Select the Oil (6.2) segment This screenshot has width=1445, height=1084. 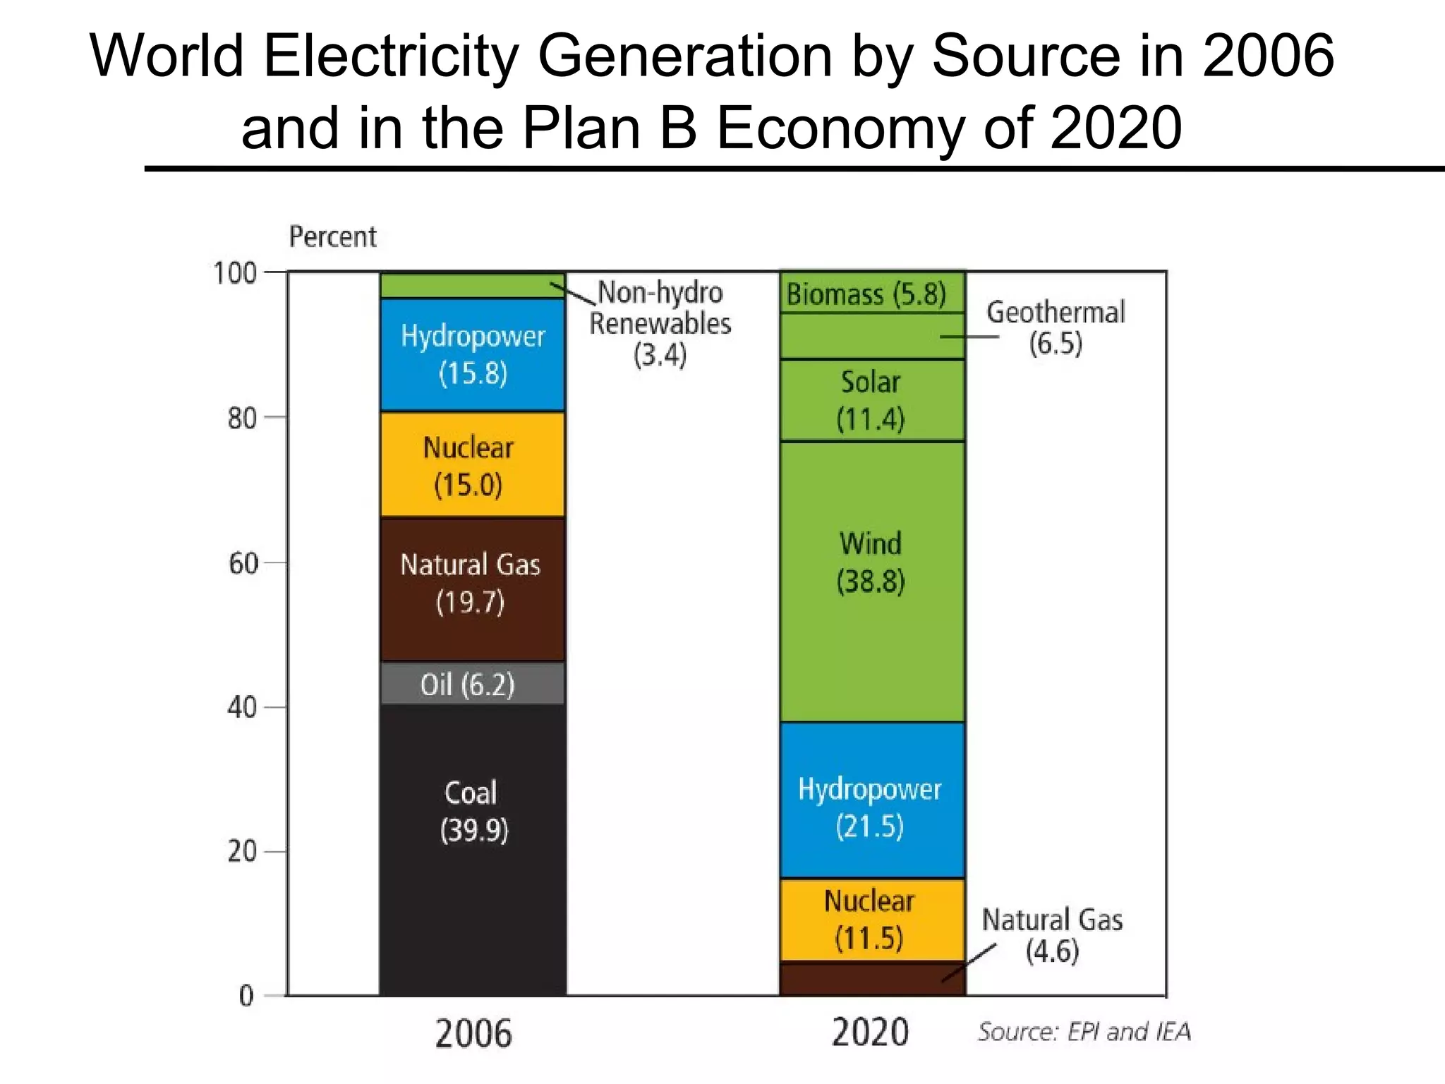click(471, 684)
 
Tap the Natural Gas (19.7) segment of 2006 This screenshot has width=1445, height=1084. click(471, 589)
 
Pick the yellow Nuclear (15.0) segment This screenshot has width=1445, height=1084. click(471, 465)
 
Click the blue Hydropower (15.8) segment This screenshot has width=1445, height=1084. click(471, 354)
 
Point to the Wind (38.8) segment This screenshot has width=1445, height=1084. click(871, 581)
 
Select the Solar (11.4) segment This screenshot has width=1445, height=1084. click(871, 400)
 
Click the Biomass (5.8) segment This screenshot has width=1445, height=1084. click(871, 293)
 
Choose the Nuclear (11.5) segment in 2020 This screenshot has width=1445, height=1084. click(871, 920)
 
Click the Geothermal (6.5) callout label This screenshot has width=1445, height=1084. click(1055, 327)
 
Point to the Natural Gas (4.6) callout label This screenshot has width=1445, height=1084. click(1051, 935)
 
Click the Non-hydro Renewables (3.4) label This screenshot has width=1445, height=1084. click(660, 323)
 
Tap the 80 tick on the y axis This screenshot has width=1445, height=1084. click(242, 418)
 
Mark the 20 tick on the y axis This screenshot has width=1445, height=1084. click(242, 852)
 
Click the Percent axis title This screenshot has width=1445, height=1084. click(332, 236)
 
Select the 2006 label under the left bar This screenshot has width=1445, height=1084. click(473, 1034)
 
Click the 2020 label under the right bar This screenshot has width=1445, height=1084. click(870, 1032)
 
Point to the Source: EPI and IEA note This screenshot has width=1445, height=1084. click(1084, 1032)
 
